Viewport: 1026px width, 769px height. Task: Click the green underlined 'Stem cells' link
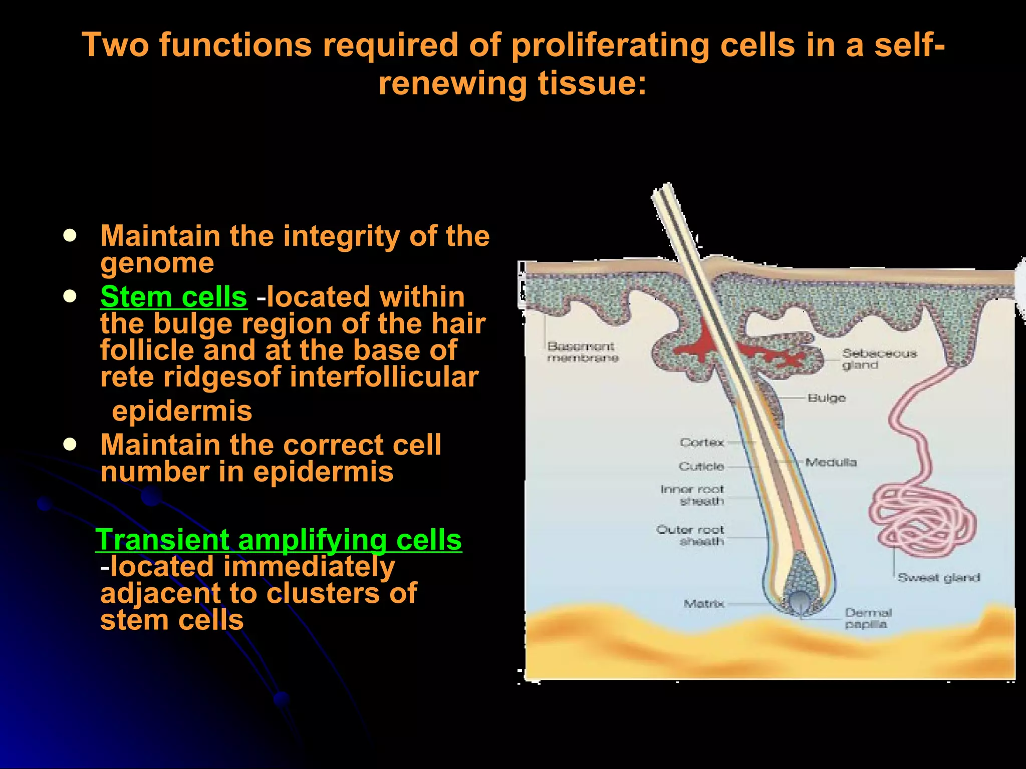click(173, 297)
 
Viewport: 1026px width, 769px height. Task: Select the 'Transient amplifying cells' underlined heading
click(279, 540)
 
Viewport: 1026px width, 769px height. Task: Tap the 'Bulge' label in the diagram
click(827, 398)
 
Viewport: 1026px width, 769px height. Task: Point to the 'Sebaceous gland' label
click(879, 359)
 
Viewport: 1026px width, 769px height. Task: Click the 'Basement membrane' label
click(582, 351)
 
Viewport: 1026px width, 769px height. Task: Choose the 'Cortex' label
click(702, 443)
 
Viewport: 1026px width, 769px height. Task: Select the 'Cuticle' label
click(701, 466)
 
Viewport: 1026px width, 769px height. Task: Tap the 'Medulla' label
click(831, 462)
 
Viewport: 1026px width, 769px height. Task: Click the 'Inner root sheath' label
click(692, 495)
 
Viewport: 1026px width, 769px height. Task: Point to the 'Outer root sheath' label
click(690, 535)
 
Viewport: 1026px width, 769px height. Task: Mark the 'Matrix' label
click(704, 604)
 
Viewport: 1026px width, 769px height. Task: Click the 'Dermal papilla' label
click(868, 618)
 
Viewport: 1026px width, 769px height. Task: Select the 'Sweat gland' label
click(938, 578)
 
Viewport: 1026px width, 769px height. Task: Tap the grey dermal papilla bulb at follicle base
click(799, 601)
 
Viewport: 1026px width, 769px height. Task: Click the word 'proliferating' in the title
click(610, 45)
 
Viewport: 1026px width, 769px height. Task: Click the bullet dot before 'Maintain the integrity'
click(70, 236)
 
